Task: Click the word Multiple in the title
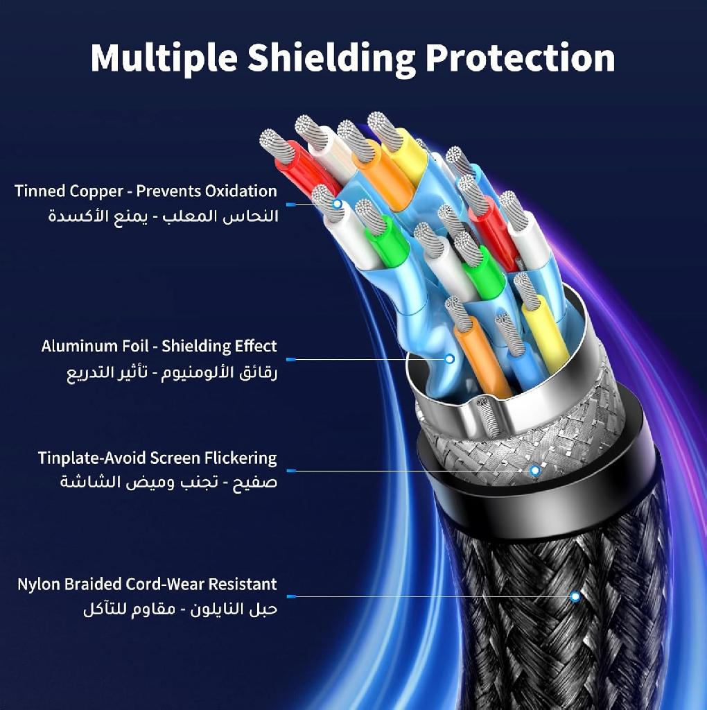click(x=164, y=58)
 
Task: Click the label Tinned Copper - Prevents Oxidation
click(x=146, y=191)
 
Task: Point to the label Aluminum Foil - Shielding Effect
click(x=159, y=347)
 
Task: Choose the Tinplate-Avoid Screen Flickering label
click(x=157, y=458)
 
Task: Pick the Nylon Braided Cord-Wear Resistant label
click(x=147, y=584)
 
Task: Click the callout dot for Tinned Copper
click(x=337, y=204)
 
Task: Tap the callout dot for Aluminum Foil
click(x=449, y=359)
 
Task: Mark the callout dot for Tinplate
click(x=535, y=471)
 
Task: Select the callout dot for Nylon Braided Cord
click(x=575, y=596)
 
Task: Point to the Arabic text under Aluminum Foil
click(x=172, y=372)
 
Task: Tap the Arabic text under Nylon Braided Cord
click(x=180, y=609)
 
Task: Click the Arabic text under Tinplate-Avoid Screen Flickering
click(x=169, y=482)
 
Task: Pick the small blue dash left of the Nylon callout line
click(x=292, y=596)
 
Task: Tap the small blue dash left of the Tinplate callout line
click(x=292, y=471)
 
